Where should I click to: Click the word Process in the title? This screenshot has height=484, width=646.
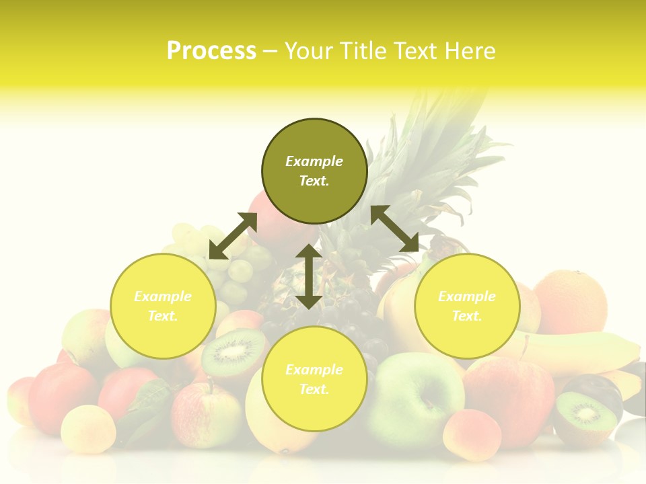pyautogui.click(x=211, y=51)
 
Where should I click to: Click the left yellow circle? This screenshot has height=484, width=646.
pyautogui.click(x=162, y=306)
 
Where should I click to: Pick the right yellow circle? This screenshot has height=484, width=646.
pyautogui.click(x=466, y=306)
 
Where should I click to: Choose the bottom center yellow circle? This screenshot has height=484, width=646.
pyautogui.click(x=314, y=379)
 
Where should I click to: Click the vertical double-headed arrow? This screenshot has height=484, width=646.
pyautogui.click(x=308, y=276)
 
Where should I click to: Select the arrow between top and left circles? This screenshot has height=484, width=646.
pyautogui.click(x=233, y=236)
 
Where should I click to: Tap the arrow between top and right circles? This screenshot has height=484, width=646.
pyautogui.click(x=394, y=229)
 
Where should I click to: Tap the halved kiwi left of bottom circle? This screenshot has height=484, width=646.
pyautogui.click(x=233, y=352)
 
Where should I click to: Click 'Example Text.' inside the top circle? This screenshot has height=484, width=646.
pyautogui.click(x=314, y=171)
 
